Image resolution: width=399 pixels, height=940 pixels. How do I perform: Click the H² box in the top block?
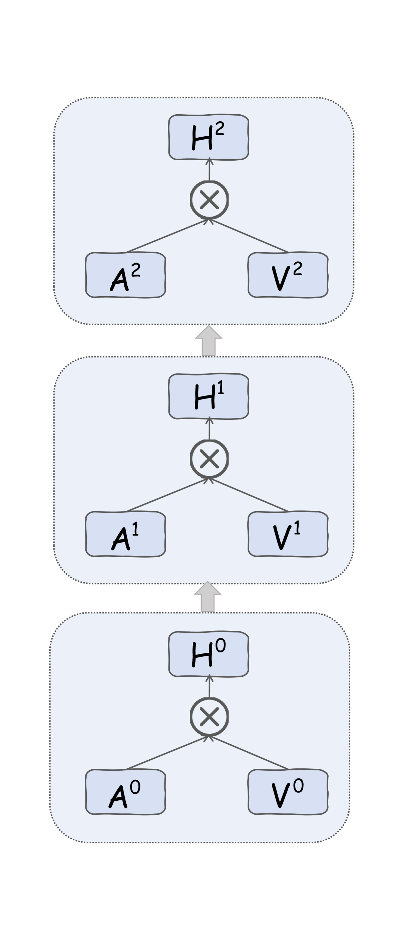coord(209,137)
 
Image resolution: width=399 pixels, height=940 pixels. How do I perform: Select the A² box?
coord(125,275)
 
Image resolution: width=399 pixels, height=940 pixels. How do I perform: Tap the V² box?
coord(288,275)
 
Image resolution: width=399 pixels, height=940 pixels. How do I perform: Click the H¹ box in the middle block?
coord(209,396)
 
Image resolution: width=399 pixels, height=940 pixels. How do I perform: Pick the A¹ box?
coord(125,534)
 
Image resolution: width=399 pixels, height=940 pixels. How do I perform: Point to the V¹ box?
coord(288,534)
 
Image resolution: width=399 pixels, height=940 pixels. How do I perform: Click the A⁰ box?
coord(125,792)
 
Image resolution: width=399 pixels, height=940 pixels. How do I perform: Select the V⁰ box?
coord(288,792)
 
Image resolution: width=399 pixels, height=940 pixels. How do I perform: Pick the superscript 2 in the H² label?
coord(220,129)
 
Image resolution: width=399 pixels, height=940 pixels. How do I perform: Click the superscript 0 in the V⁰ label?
coord(298,786)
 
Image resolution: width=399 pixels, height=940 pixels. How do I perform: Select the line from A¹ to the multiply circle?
coord(166,495)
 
